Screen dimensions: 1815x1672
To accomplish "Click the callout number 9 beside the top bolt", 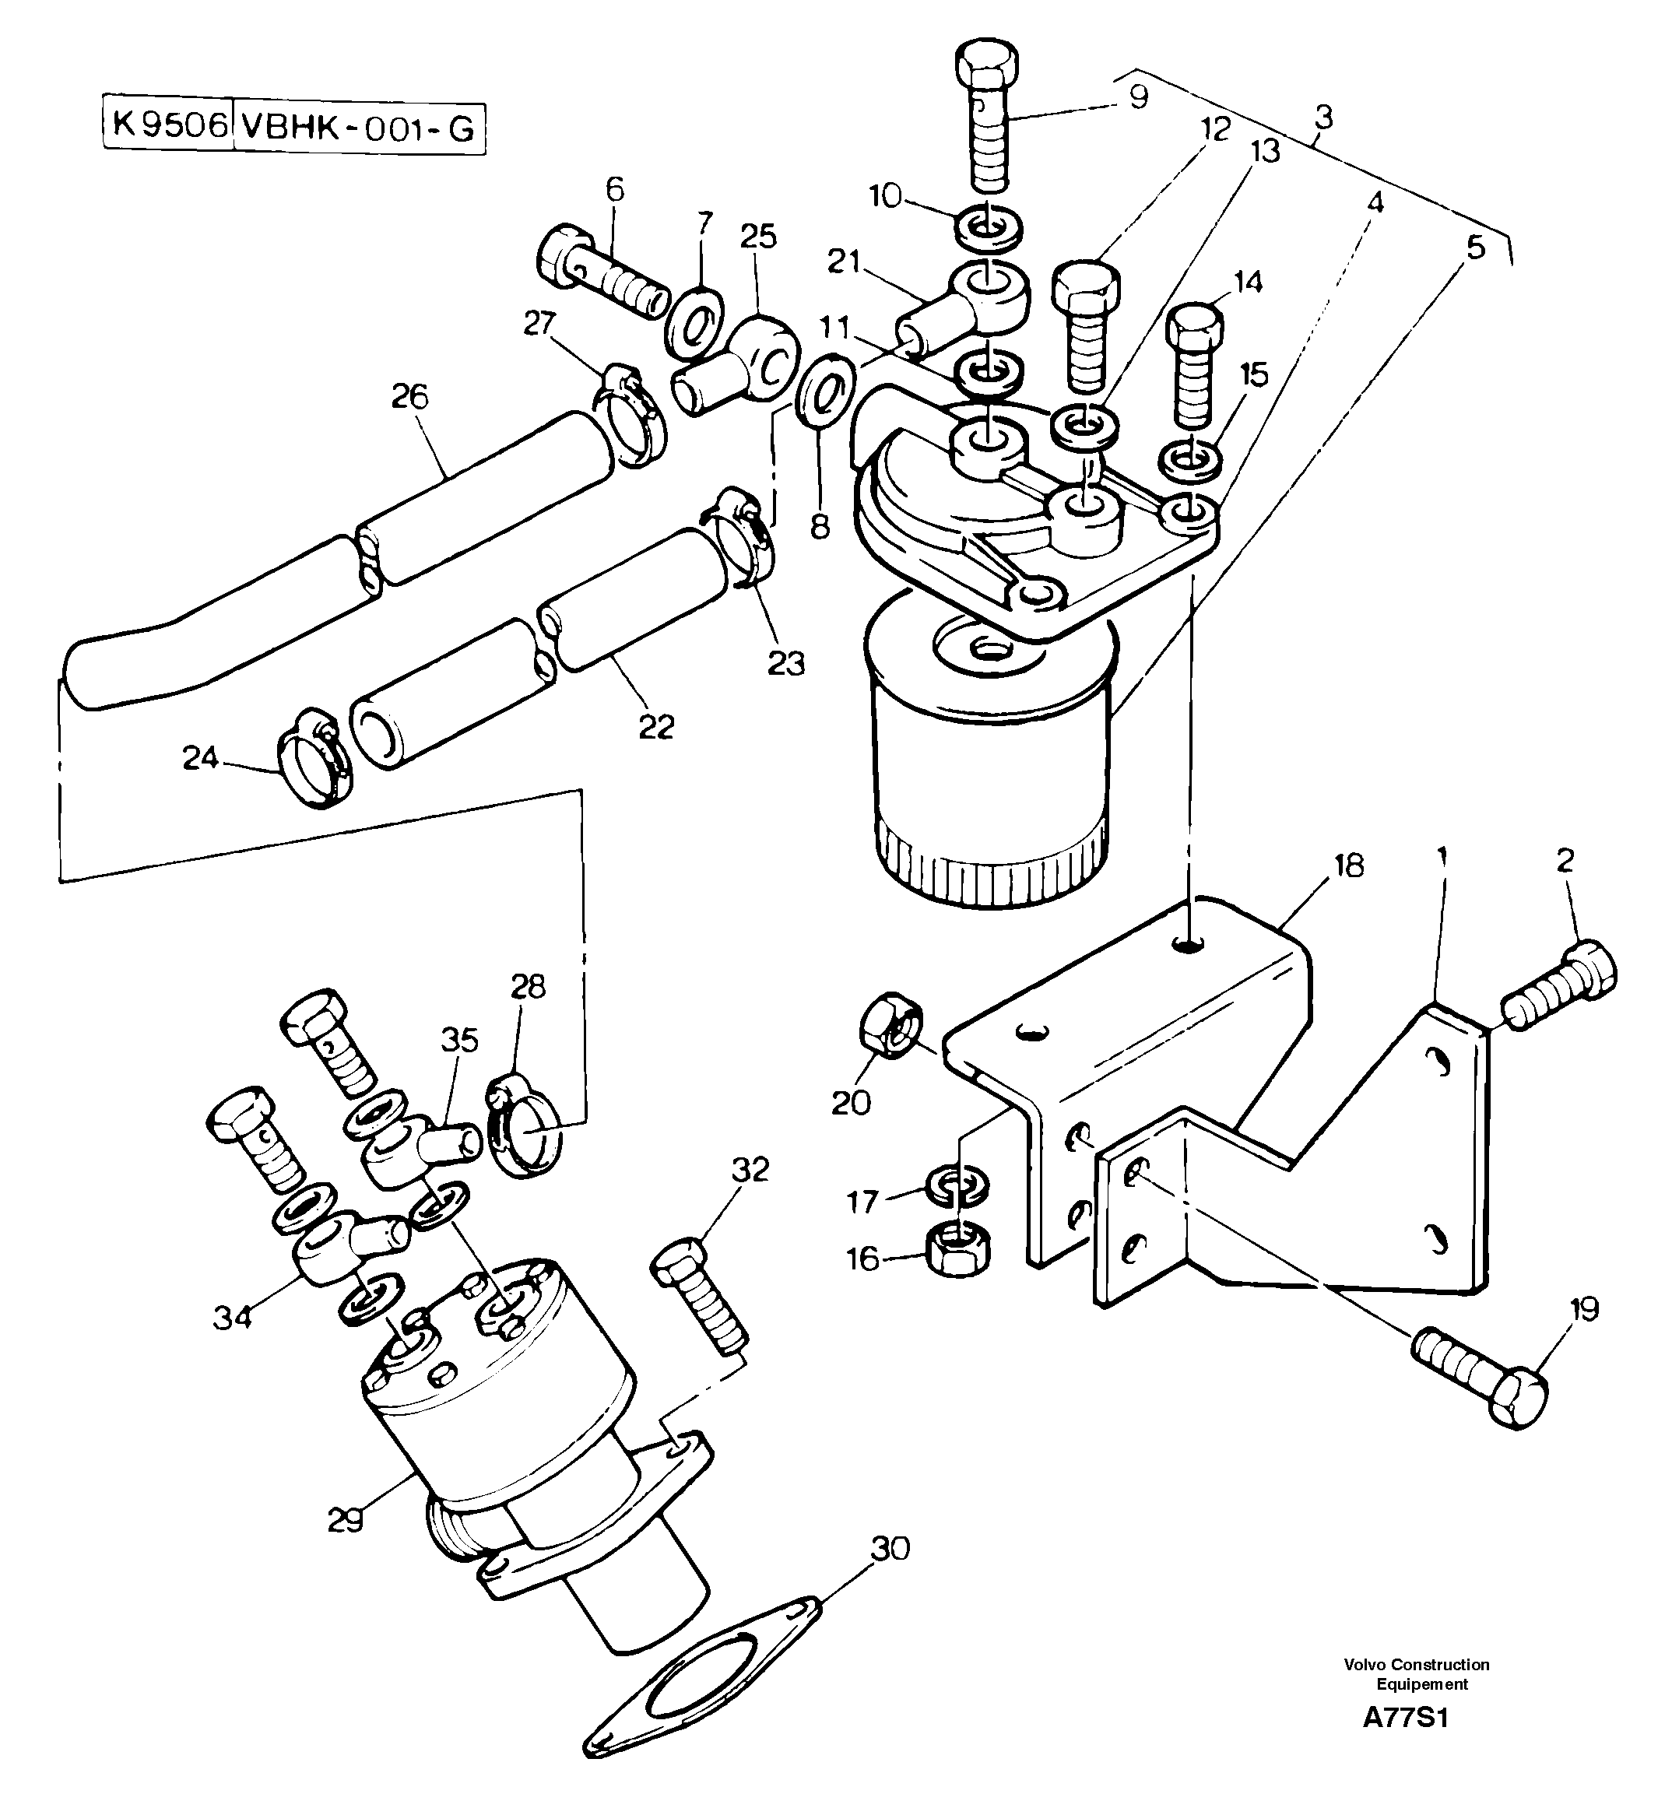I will coord(1138,96).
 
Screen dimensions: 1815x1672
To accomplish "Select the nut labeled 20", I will coord(890,1026).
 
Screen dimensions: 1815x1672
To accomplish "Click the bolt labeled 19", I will coord(1478,1385).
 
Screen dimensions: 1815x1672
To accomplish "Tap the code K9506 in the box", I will coord(168,125).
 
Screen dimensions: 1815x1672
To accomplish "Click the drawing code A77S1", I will coord(1405,1743).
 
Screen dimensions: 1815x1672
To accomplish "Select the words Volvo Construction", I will coord(1416,1665).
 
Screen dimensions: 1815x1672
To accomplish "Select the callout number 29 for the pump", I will coord(345,1521).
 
